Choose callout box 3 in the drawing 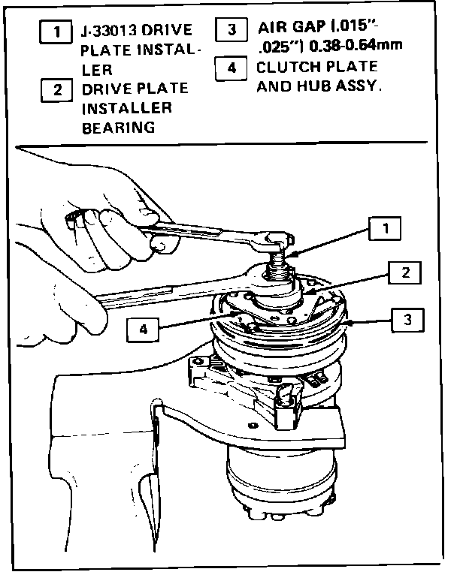coord(407,320)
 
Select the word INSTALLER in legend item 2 coord(126,108)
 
